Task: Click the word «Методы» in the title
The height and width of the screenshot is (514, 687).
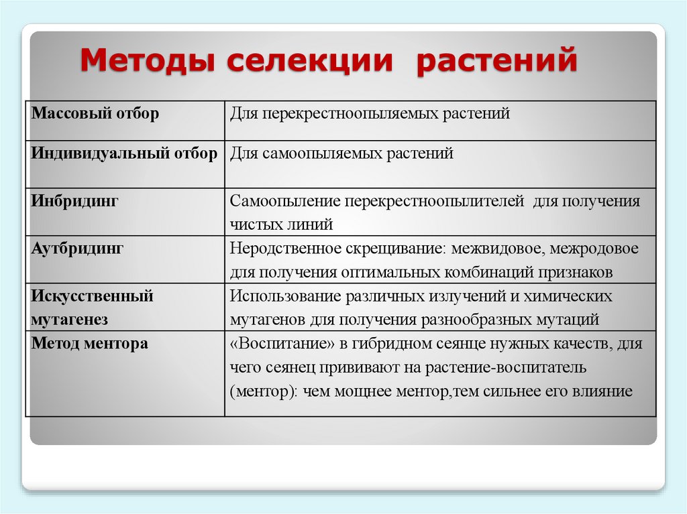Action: tap(147, 62)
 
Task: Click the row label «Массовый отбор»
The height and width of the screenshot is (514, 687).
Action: tap(95, 113)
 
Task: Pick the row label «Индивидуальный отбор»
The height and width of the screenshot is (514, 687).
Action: tap(124, 153)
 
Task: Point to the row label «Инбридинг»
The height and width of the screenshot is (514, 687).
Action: tap(74, 200)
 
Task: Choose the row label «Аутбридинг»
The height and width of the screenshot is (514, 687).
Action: tap(77, 248)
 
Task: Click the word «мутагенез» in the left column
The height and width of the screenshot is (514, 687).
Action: tap(69, 320)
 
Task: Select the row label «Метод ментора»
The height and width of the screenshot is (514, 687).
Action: tap(89, 344)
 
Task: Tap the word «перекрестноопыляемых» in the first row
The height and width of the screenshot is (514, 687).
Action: tap(350, 113)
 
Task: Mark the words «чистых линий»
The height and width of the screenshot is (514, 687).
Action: tap(281, 224)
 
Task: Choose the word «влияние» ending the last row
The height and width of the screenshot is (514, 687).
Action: tap(603, 391)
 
